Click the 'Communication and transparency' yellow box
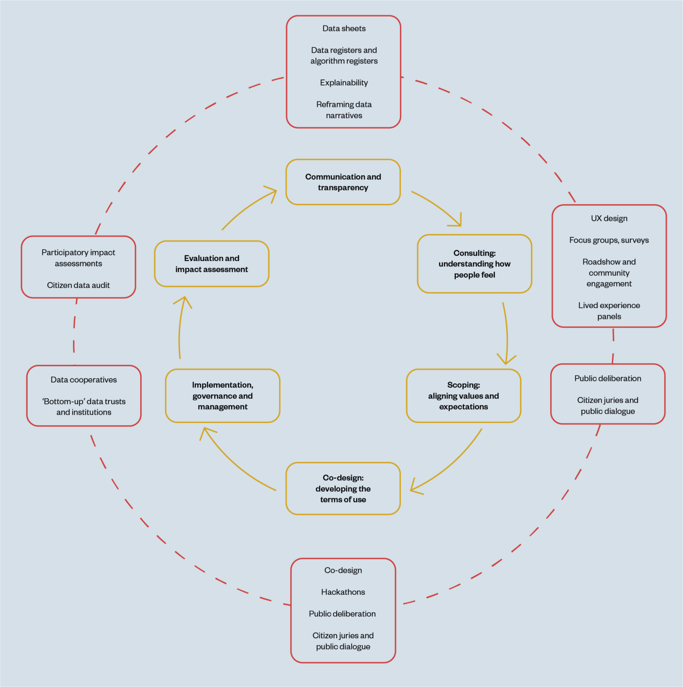click(343, 182)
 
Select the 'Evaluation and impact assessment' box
click(212, 264)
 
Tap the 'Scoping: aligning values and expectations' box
click(463, 396)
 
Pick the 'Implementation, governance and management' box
click(222, 396)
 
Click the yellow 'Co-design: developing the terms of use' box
click(343, 488)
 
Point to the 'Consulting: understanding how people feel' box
click(475, 264)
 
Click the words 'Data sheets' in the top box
click(344, 29)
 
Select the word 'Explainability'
click(344, 83)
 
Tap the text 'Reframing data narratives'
click(344, 110)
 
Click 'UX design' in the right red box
click(609, 218)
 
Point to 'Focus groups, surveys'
click(609, 240)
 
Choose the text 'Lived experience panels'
click(609, 311)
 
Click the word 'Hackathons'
click(343, 592)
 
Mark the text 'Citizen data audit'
click(78, 285)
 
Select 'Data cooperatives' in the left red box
click(84, 380)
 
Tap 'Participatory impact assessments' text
click(78, 258)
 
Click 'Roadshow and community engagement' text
click(609, 273)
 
